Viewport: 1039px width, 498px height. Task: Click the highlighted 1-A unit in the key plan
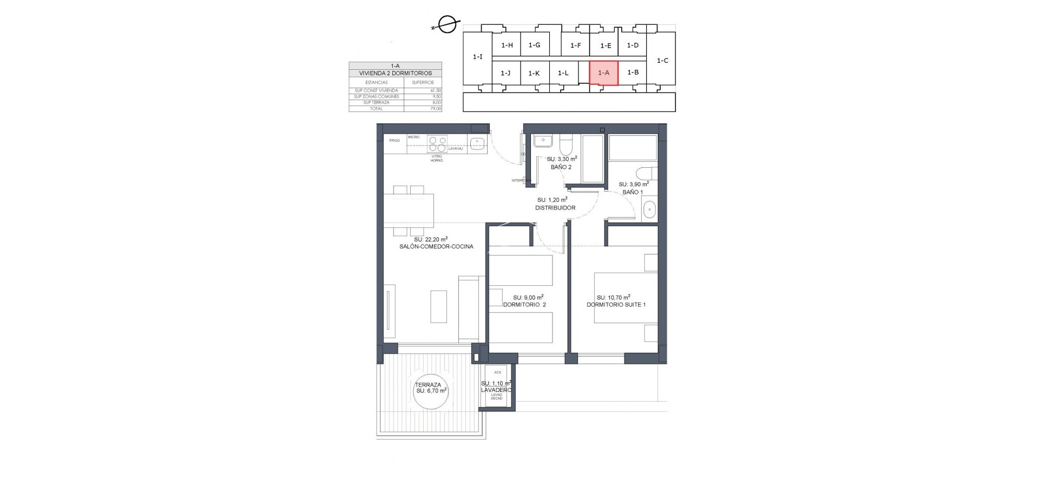pos(603,73)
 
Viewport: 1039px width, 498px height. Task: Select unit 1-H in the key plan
pos(507,45)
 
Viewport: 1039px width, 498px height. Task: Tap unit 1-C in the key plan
pos(662,61)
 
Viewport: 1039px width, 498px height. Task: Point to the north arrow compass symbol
pos(447,25)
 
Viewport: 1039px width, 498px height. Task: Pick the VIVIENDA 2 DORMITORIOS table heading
pos(395,73)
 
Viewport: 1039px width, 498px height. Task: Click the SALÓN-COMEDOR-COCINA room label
pos(436,246)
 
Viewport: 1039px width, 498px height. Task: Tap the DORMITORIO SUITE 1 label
pos(616,305)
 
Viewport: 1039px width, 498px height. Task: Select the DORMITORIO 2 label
pos(524,305)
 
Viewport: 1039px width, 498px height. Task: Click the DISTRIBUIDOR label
pos(555,208)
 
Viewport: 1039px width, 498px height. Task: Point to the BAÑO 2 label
pos(561,167)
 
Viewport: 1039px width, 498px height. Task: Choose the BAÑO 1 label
pos(633,192)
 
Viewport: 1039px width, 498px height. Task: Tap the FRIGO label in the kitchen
pos(394,141)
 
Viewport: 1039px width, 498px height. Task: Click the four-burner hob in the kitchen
pos(437,143)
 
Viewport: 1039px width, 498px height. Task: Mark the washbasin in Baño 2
pos(542,142)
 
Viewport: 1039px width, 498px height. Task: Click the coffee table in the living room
pos(438,306)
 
